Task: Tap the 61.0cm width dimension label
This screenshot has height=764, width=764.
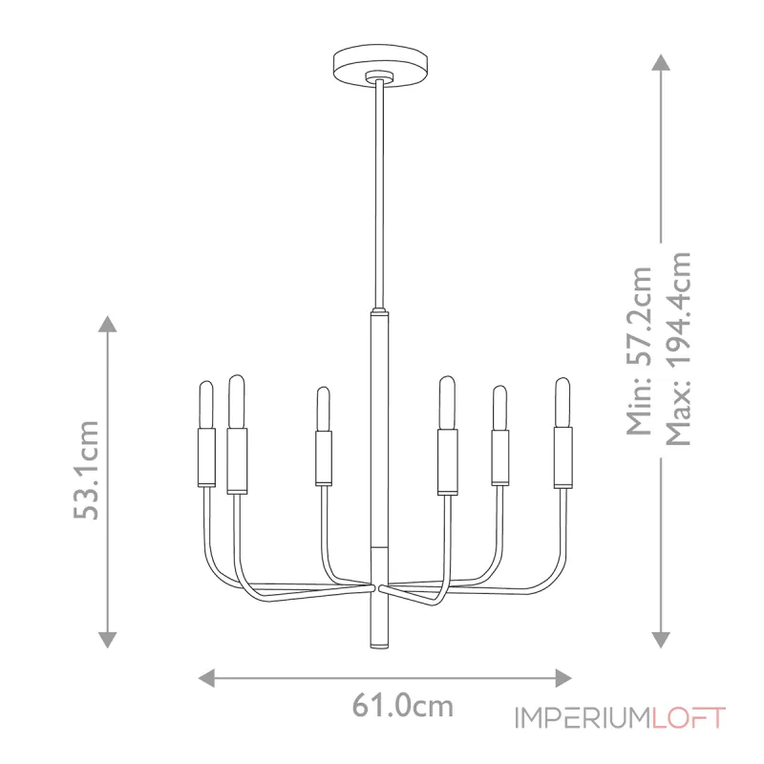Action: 402,707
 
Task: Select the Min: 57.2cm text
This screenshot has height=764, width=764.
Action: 640,350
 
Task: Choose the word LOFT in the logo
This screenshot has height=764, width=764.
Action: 690,718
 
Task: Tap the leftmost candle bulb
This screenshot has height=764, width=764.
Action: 205,404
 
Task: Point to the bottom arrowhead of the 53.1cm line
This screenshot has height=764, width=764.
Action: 108,639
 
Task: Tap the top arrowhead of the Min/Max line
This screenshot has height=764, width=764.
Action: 659,62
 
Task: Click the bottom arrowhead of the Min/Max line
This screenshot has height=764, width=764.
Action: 659,639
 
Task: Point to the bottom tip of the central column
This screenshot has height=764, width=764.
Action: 378,646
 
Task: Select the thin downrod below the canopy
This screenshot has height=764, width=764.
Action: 379,191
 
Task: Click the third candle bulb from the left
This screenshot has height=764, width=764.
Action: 324,408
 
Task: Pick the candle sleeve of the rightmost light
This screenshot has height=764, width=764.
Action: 562,456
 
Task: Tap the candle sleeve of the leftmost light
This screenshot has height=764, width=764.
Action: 205,456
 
